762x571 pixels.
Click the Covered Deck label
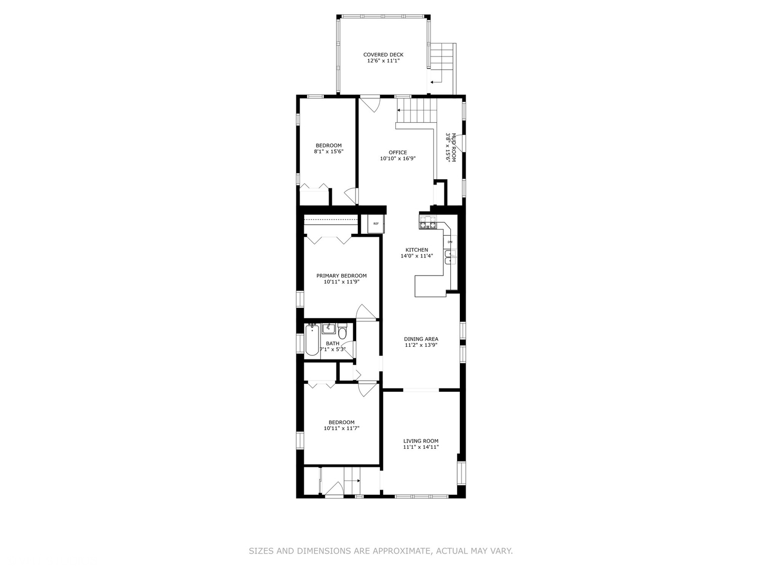click(x=383, y=58)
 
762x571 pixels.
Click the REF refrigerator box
click(x=376, y=224)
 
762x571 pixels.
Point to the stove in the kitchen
click(x=428, y=222)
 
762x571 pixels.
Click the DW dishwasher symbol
click(x=450, y=242)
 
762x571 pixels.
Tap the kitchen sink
click(x=450, y=256)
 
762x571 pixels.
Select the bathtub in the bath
click(x=312, y=340)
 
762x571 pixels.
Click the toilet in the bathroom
click(x=342, y=331)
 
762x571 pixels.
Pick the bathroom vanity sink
click(x=328, y=328)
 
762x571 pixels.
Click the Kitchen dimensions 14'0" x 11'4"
click(x=417, y=256)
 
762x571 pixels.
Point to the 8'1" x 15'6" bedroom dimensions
click(x=329, y=152)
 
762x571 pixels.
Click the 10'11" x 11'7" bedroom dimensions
click(x=341, y=428)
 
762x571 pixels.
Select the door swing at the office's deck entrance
click(x=370, y=105)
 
